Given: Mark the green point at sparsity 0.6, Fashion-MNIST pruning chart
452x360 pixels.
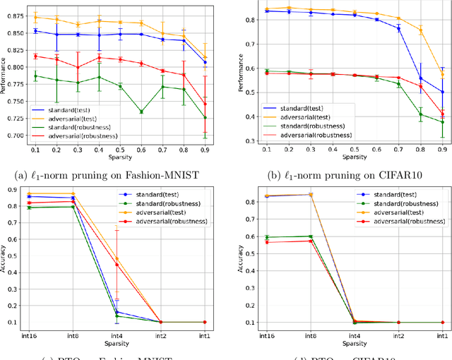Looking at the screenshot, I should pos(141,112).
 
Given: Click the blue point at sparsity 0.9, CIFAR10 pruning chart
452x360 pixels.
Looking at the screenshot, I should pos(443,92).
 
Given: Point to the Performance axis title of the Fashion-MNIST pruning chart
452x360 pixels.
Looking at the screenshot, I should pos(4,76).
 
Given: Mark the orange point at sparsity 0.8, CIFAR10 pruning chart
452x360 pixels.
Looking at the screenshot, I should pos(422,30).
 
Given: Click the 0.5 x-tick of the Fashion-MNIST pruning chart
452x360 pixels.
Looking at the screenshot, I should pos(120,150).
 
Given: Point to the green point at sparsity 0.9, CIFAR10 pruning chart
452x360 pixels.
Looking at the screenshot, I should pos(443,121).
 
